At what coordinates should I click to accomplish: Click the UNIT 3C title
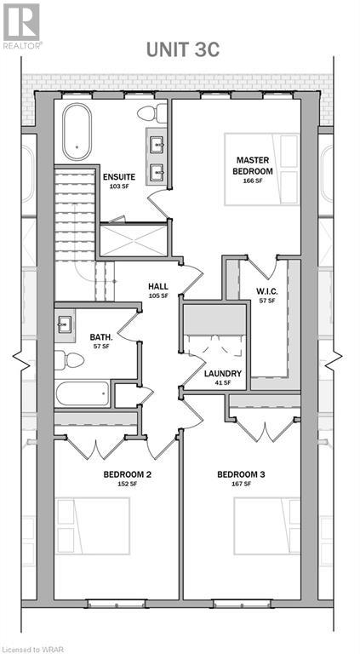tap(182, 50)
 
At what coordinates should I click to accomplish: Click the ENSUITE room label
tap(120, 176)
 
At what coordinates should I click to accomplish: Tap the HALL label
tap(158, 286)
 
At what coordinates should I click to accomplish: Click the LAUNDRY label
tap(223, 373)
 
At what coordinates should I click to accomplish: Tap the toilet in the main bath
tap(70, 360)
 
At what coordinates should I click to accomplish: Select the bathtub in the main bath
tap(83, 393)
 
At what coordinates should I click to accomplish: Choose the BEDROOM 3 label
tap(241, 474)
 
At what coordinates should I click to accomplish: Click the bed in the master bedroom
tap(261, 169)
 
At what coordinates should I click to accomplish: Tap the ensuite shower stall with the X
tap(134, 240)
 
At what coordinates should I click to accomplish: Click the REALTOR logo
tap(21, 26)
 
